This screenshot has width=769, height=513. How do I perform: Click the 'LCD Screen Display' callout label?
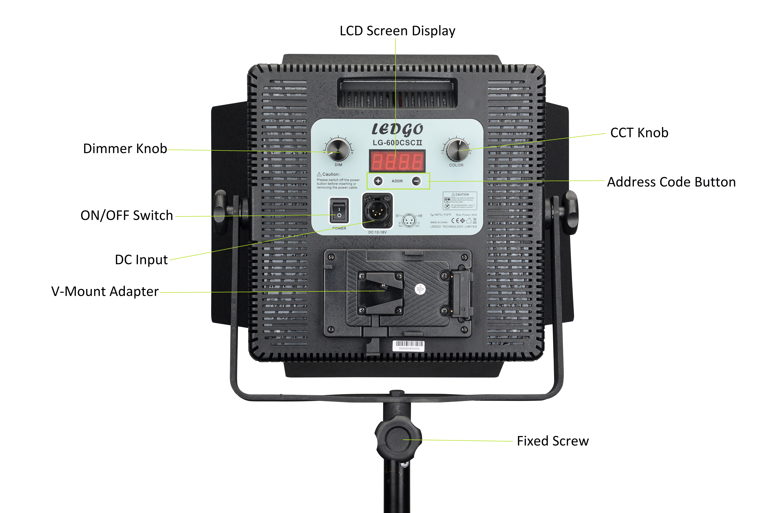tap(397, 31)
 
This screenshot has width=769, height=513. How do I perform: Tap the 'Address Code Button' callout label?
tap(671, 182)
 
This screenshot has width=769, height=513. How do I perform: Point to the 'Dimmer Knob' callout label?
tap(125, 149)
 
